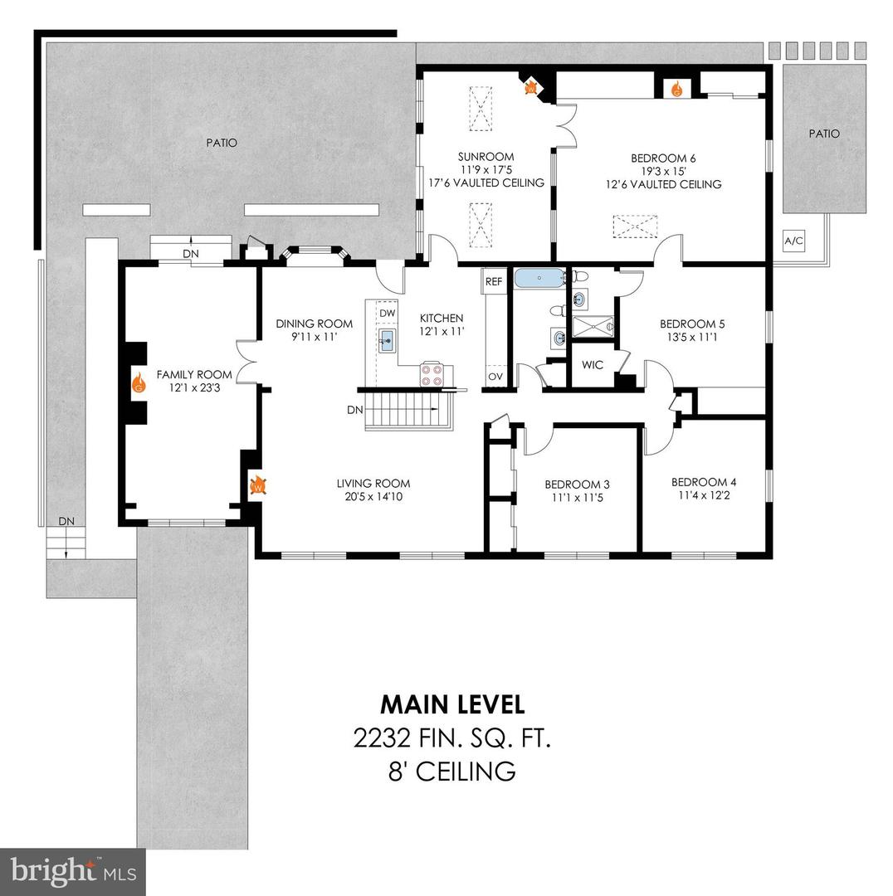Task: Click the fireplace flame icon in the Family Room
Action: point(139,383)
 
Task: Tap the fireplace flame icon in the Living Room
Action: point(257,486)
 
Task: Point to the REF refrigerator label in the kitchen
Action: point(494,282)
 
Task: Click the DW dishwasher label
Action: point(387,313)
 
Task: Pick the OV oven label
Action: point(495,376)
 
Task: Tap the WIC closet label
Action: point(592,364)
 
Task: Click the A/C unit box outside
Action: point(794,242)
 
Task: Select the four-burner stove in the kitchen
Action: point(432,374)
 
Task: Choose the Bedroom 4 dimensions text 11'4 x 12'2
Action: point(703,497)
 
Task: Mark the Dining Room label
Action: point(314,324)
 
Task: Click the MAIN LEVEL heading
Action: point(452,704)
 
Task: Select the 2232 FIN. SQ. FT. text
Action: point(452,738)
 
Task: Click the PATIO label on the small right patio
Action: point(824,134)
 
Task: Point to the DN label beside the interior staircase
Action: point(354,410)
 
